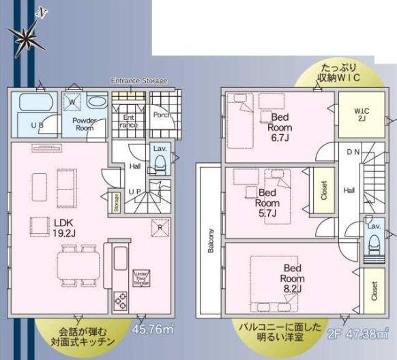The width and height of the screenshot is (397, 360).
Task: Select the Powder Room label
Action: (84, 123)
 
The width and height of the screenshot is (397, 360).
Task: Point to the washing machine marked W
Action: (73, 103)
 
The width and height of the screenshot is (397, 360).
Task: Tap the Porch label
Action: (161, 115)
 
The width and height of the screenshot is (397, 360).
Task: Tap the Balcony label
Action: (211, 240)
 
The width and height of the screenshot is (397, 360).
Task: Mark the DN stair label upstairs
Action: (353, 151)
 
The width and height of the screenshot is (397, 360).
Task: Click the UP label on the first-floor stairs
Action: (135, 193)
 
